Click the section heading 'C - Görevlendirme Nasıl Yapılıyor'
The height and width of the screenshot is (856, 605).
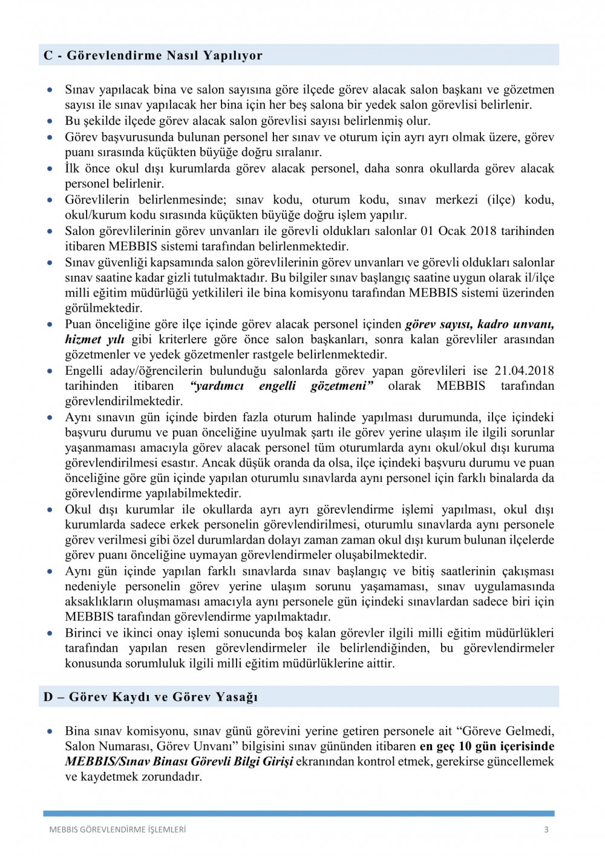152,56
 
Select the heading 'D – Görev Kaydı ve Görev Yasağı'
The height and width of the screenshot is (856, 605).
151,697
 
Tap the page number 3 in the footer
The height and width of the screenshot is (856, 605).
546,829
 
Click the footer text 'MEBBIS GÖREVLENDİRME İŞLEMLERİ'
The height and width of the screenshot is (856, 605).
117,829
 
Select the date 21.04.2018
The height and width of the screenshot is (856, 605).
524,370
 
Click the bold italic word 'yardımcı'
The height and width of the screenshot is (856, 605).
217,386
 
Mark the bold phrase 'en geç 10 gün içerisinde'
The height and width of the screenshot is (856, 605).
487,746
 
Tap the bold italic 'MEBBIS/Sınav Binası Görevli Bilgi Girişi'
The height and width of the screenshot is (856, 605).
179,761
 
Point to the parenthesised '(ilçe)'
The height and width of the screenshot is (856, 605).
504,200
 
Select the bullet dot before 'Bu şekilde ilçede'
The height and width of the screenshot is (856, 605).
50,121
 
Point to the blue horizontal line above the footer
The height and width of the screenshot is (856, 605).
298,814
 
